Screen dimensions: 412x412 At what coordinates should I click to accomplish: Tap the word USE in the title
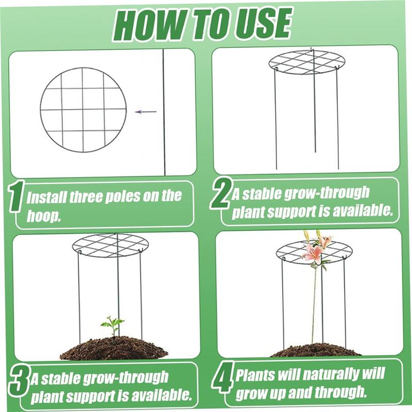[263, 24]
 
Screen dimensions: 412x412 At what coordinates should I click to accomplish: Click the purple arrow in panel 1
[146, 112]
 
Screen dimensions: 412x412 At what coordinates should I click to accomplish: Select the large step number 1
[16, 196]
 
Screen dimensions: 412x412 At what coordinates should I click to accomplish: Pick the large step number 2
[221, 193]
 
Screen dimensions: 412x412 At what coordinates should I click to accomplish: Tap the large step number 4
[223, 377]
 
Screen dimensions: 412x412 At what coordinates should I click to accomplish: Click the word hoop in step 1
[43, 216]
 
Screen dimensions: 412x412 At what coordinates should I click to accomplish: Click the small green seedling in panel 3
[112, 325]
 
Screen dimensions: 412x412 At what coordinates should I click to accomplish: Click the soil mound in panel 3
[114, 348]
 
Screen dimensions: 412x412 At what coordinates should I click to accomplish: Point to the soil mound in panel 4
[315, 350]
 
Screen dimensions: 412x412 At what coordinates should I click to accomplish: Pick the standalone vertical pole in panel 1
[164, 112]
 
